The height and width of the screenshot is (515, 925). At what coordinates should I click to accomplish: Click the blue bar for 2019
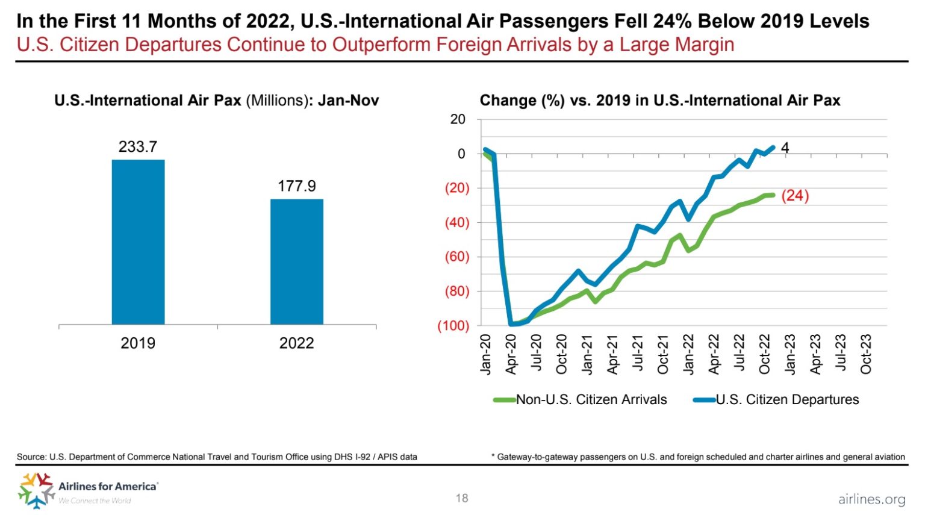tap(138, 242)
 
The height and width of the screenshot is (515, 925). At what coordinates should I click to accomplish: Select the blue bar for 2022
tap(296, 261)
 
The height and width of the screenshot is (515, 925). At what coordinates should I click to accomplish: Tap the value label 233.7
tap(138, 147)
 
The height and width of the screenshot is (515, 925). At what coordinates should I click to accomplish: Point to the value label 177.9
tap(296, 186)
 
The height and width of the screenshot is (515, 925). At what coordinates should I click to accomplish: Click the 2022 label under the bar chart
tap(296, 343)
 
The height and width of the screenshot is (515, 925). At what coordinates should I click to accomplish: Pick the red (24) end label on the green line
tap(795, 196)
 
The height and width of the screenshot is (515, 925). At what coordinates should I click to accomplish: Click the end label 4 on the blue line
tap(785, 148)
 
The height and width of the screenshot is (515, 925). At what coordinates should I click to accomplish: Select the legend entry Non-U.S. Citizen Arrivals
tap(591, 400)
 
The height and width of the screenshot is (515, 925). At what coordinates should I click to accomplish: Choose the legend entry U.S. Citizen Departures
tap(786, 400)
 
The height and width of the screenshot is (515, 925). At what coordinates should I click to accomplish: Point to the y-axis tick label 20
tap(458, 119)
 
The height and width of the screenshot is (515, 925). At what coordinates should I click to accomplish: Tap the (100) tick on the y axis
tap(453, 326)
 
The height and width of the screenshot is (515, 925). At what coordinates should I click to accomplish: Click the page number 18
tap(462, 498)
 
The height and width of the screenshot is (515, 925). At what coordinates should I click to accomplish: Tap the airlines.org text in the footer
tap(871, 499)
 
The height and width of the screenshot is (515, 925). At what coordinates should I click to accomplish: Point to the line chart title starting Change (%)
tap(659, 101)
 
